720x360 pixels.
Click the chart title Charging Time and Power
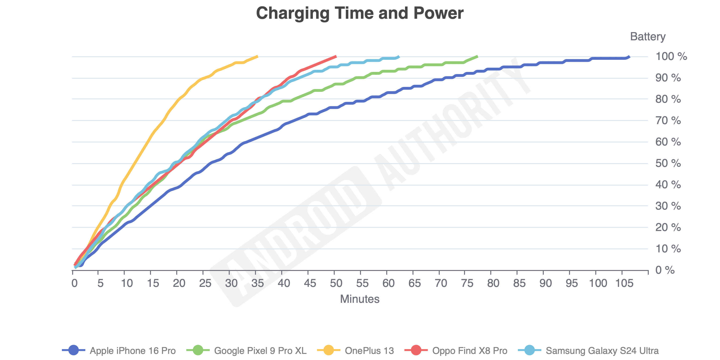point(360,13)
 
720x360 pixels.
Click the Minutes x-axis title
point(360,299)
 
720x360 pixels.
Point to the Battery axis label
point(648,37)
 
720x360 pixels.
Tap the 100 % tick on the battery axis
point(671,56)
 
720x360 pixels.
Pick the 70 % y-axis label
point(668,120)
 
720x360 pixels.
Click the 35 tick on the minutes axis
point(257,283)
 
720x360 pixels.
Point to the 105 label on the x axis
point(624,283)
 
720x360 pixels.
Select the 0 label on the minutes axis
point(74,283)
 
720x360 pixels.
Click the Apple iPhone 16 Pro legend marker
point(74,350)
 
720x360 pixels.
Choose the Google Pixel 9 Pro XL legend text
point(260,350)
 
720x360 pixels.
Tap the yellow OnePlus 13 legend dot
point(328,350)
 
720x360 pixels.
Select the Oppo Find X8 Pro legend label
point(469,350)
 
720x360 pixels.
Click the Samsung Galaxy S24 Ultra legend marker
point(529,350)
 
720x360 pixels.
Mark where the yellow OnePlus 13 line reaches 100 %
point(257,56)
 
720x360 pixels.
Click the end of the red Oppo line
point(336,56)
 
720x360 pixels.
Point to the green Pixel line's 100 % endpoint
point(477,56)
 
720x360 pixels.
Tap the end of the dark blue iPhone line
point(629,57)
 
